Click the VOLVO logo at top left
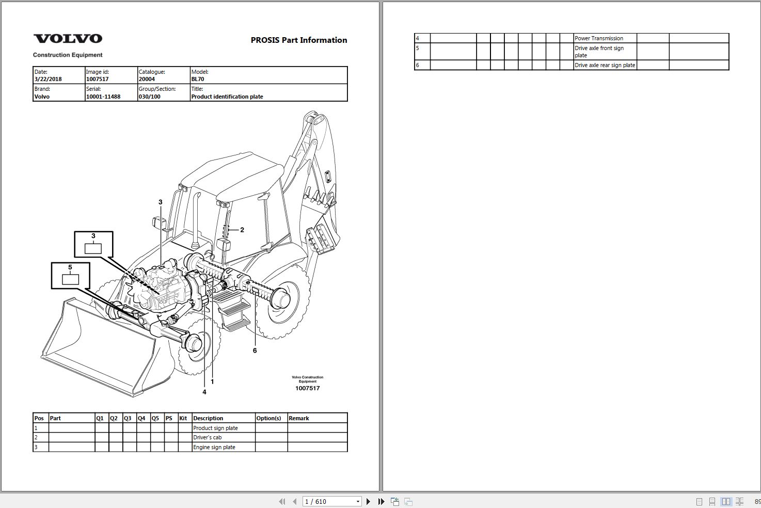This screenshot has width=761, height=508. point(68,39)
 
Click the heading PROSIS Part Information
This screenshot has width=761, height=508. point(298,40)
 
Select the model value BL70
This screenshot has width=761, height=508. point(198,80)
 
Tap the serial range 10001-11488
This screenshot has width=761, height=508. point(103,97)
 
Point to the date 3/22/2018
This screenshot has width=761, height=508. point(48,80)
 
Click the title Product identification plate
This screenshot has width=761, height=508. point(227,97)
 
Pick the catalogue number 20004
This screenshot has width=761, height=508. point(147,80)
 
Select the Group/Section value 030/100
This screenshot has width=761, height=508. point(149,97)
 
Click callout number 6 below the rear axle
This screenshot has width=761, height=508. point(255,351)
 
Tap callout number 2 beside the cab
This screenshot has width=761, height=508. point(242,230)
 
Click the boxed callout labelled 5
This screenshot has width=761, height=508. point(70,275)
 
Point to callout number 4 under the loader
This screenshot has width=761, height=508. point(204,392)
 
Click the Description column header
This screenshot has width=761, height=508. point(208,418)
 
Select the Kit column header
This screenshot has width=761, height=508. point(183,418)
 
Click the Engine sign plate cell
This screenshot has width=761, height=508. point(214,447)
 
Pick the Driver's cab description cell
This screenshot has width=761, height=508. point(208,437)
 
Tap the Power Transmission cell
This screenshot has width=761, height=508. point(599,38)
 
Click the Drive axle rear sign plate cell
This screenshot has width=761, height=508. point(605,65)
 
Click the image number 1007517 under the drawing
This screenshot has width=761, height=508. point(307,388)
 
